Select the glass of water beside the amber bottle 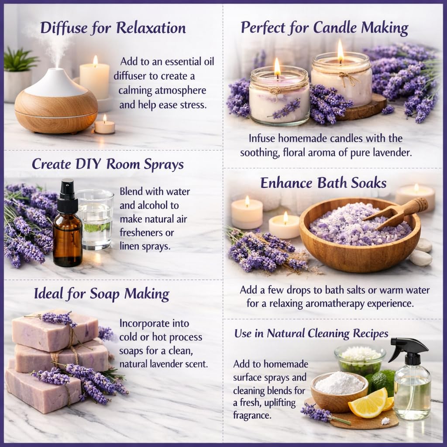[x=96, y=220]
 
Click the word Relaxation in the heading [x=151, y=28]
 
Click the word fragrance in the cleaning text [x=252, y=416]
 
